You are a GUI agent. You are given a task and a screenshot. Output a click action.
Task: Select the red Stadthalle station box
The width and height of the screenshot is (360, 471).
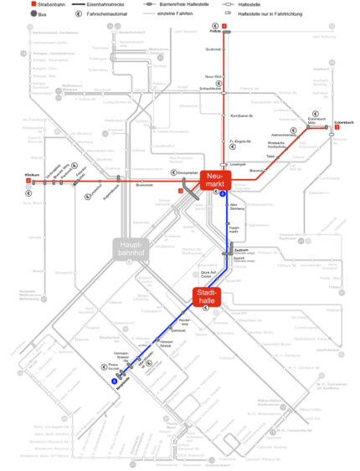(x=206, y=298)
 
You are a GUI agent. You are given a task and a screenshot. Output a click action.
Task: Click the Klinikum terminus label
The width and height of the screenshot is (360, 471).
(x=33, y=175)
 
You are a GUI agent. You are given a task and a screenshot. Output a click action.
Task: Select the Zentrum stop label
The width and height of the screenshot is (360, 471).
(x=241, y=250)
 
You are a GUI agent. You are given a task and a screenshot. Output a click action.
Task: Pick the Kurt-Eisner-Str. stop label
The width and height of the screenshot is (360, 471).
(x=241, y=114)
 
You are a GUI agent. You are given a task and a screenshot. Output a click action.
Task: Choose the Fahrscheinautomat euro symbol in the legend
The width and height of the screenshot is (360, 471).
(x=79, y=15)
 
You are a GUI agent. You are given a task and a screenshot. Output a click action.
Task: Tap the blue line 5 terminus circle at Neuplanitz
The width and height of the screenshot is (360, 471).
(x=114, y=381)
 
